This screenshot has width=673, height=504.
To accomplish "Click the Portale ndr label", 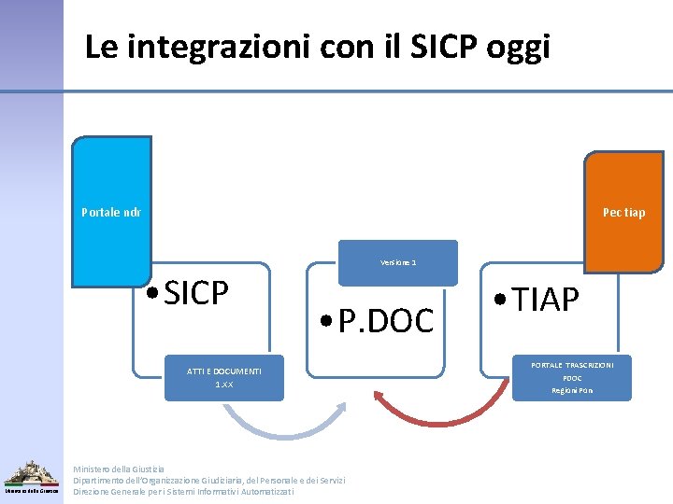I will [111, 212].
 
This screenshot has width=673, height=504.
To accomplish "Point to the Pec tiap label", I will [623, 212].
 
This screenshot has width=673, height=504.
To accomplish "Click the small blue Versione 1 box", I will [398, 262].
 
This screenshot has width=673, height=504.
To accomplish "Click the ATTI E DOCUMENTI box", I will [224, 371].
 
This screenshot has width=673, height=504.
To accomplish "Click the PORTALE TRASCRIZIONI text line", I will [572, 365].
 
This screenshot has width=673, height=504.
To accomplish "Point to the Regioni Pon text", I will [572, 390].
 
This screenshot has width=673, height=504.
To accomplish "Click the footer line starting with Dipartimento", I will [208, 480].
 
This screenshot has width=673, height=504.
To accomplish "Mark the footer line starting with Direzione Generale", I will [183, 491].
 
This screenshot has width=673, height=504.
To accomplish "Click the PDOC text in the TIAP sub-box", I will [572, 378].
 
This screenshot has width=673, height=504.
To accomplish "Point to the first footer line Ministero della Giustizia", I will [119, 469].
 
